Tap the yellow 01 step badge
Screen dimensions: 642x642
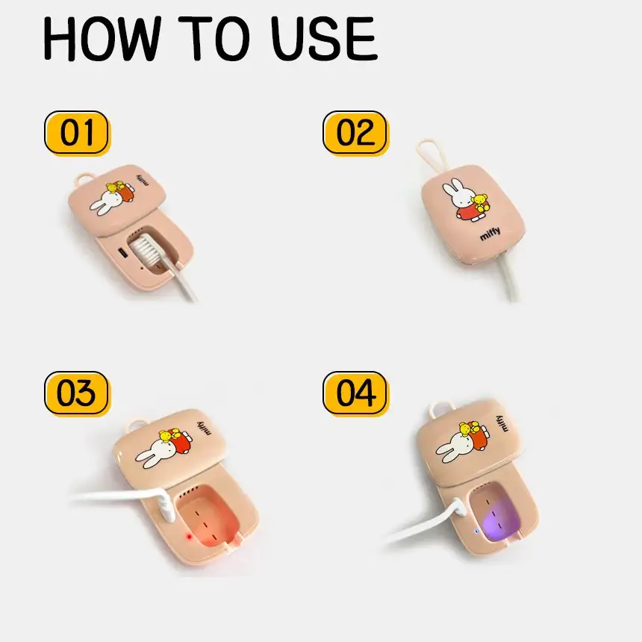[x=77, y=133]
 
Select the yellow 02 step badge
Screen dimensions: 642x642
[x=355, y=133]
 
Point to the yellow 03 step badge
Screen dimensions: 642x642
[x=77, y=393]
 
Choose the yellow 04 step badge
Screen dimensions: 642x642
[x=355, y=393]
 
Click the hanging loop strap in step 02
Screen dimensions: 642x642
[x=431, y=155]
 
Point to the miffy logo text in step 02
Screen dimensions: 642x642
[x=490, y=234]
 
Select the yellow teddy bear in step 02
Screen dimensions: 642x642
[x=480, y=203]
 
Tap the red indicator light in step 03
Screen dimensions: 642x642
[x=189, y=537]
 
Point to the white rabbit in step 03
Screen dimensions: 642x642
[x=155, y=452]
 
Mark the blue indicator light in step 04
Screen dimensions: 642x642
[x=476, y=532]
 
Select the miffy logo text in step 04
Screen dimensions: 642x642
[x=502, y=423]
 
